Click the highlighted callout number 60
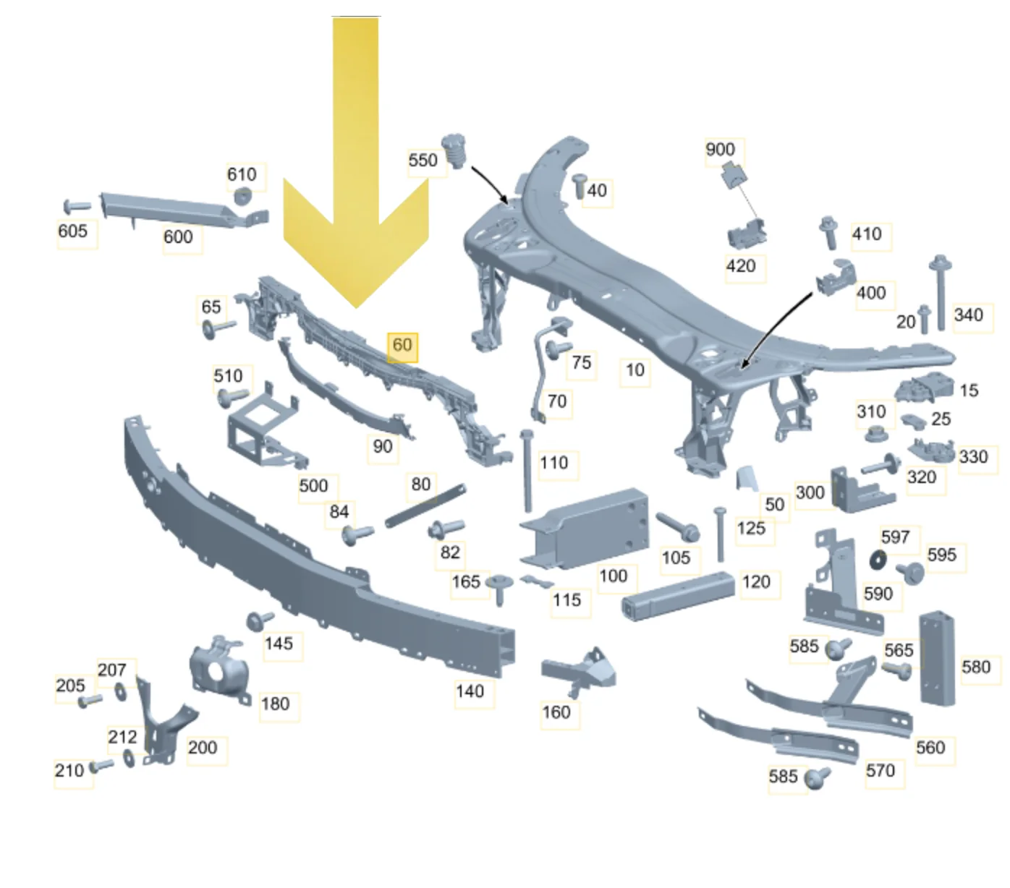[x=402, y=345]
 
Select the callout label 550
[x=423, y=161]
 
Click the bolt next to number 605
[x=77, y=206]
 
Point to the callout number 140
[x=470, y=691]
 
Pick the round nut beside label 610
[x=243, y=196]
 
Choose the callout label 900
[x=721, y=149]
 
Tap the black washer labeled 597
[x=878, y=560]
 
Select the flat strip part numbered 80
[x=425, y=505]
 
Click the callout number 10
[x=635, y=370]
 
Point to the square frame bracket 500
[x=266, y=428]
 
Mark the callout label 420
[x=741, y=266]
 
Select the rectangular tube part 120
[x=678, y=597]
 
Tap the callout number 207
[x=111, y=670]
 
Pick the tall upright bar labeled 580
[x=937, y=658]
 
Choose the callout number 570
[x=880, y=771]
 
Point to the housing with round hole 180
[x=219, y=670]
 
